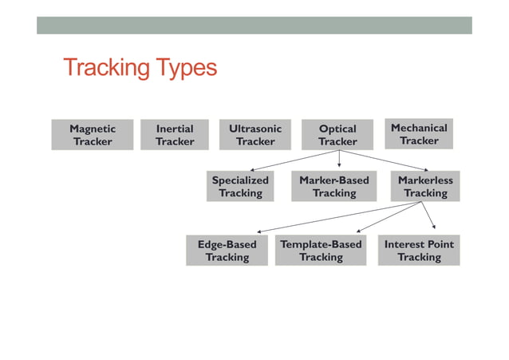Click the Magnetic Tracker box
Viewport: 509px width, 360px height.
[92, 135]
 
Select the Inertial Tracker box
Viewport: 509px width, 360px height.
[174, 135]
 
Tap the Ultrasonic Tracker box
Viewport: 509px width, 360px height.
[254, 135]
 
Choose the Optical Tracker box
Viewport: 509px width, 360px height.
[337, 135]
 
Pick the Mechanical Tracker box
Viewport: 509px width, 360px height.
[419, 134]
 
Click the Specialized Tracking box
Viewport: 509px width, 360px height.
[240, 186]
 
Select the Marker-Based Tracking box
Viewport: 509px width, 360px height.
[333, 186]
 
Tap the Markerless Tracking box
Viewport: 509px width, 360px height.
[425, 186]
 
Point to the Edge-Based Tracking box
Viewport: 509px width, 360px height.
[227, 251]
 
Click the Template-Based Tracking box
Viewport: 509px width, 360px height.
[321, 251]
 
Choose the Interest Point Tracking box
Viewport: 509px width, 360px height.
[419, 251]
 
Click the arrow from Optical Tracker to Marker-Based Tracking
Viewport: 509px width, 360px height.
[338, 159]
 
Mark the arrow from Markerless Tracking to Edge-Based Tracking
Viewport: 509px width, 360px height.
[335, 218]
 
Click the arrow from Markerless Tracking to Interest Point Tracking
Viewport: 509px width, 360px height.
[429, 216]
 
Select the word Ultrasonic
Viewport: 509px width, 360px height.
[254, 128]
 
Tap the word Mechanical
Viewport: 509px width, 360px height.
[419, 127]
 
